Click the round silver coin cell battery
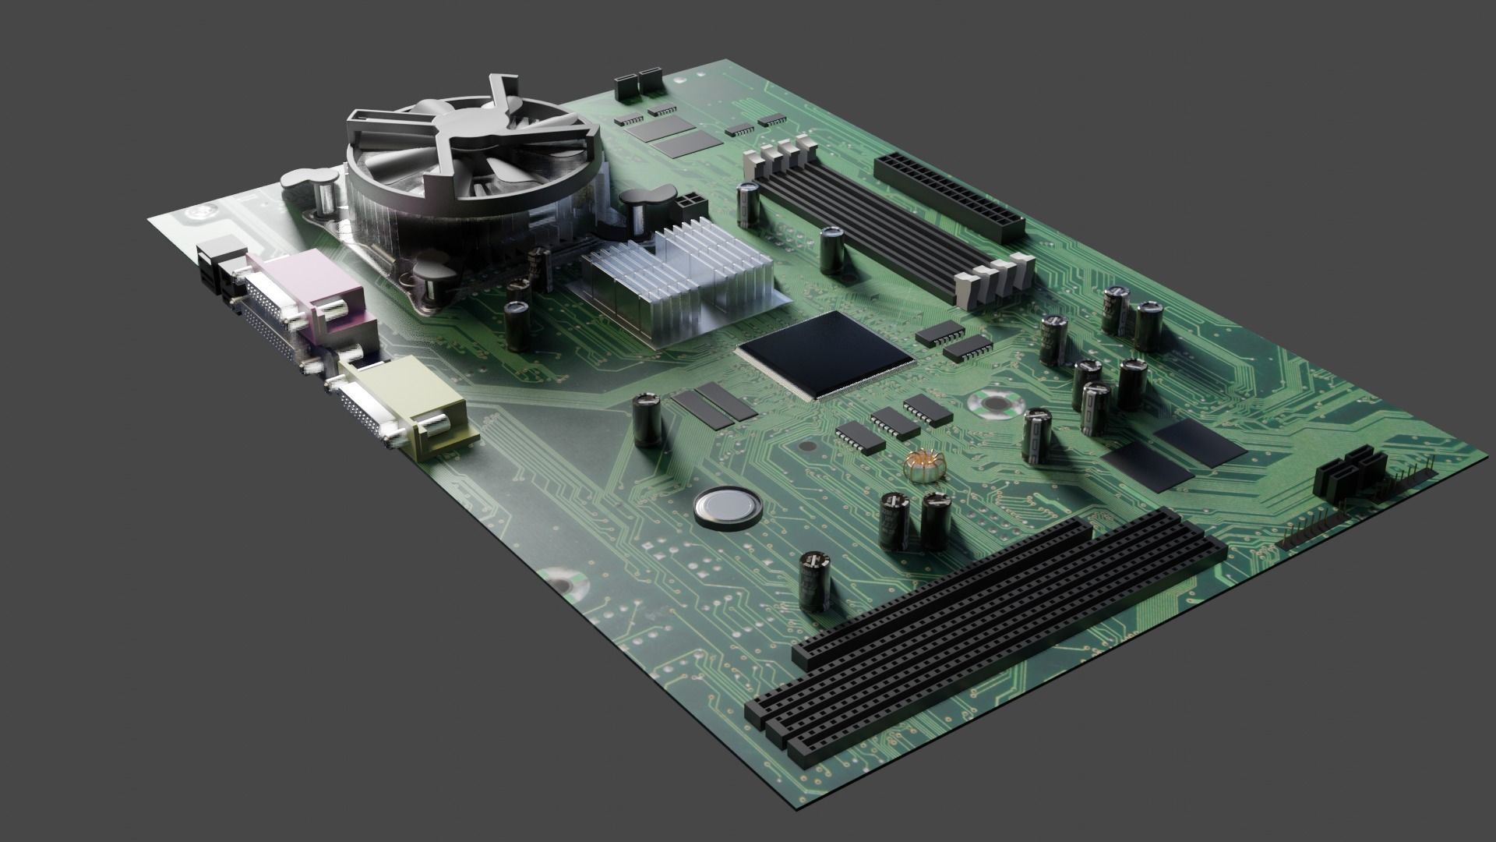point(726,506)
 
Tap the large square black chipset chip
point(825,355)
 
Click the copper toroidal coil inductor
point(924,466)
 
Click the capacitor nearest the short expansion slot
point(815,580)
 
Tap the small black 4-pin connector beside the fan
point(690,207)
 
